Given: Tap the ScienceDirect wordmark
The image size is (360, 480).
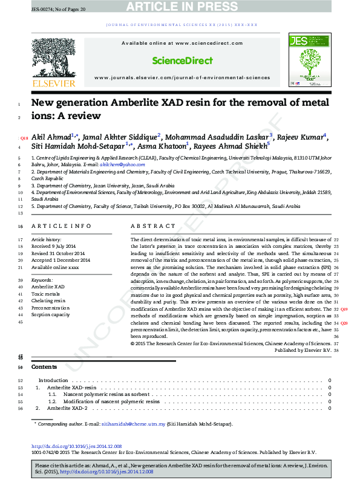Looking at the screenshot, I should pos(182,60).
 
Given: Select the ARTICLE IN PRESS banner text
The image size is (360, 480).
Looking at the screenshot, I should pos(180,7).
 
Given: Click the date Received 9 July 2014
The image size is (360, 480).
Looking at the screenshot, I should pos(54,247).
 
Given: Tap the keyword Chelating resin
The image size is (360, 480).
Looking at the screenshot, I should pos(48,300).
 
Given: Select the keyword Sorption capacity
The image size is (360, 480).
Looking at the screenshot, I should pos(51,315).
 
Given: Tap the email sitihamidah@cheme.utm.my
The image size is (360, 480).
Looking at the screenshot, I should pos(133,424).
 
